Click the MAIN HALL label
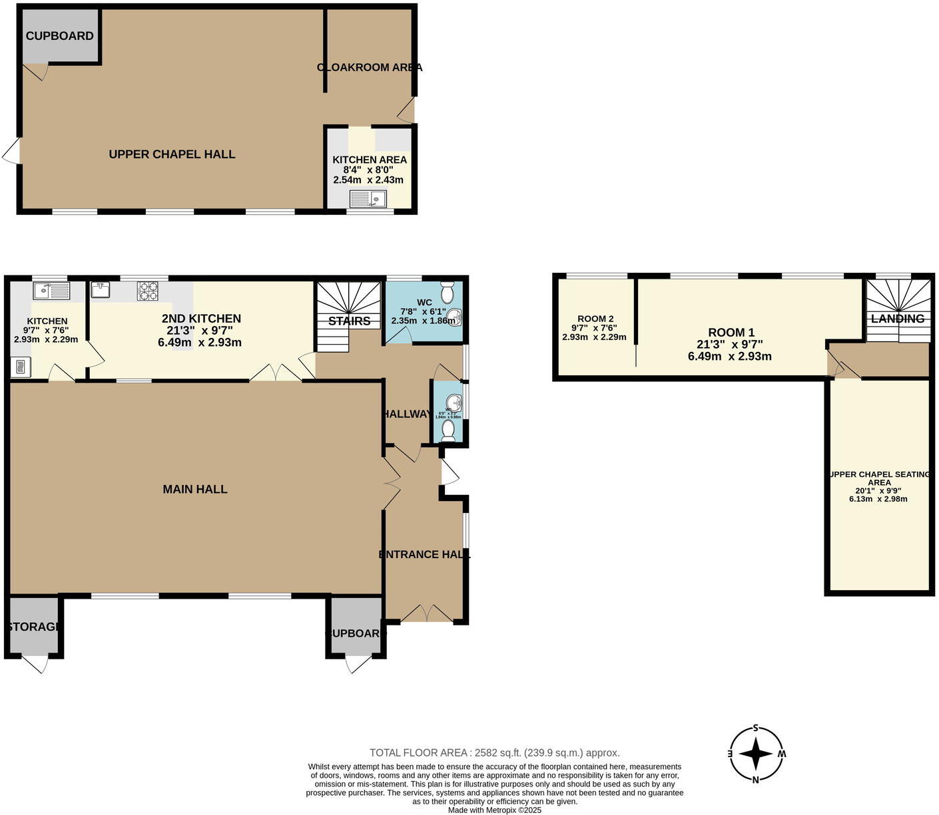(195, 489)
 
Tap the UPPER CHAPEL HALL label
(172, 154)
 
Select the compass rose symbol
(755, 754)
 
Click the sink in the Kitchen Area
(368, 198)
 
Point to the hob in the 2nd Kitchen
(148, 291)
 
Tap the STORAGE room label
(35, 627)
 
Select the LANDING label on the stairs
(898, 319)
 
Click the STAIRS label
(349, 321)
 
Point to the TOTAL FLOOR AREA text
(495, 752)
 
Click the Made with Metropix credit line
(495, 810)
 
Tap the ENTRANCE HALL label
(424, 554)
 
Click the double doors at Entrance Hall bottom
(428, 613)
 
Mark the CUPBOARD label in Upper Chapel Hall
(60, 36)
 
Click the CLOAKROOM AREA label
(370, 67)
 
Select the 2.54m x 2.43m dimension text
(369, 180)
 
